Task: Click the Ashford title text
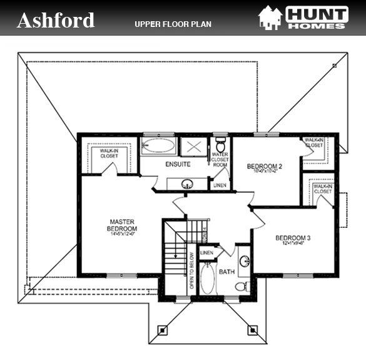(56, 20)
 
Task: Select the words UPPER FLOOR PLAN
(173, 24)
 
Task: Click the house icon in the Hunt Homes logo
(270, 18)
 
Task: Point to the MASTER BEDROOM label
(123, 225)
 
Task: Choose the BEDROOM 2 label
(265, 167)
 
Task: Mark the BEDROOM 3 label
(292, 239)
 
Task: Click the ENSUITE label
(178, 165)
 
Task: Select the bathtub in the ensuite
(159, 147)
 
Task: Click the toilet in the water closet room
(220, 145)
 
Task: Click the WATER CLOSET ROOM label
(220, 160)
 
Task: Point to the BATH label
(226, 272)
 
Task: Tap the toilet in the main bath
(241, 286)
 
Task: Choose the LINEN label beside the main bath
(206, 252)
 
